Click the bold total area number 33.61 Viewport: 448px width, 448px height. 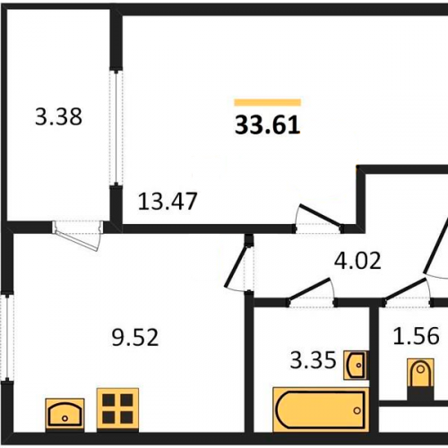(x=267, y=125)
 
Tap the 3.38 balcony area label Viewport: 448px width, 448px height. (x=58, y=116)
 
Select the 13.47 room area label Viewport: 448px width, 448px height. (x=168, y=202)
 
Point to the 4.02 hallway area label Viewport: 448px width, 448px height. (x=358, y=261)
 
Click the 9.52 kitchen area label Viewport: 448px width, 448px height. (x=135, y=338)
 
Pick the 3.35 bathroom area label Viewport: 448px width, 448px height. (x=314, y=360)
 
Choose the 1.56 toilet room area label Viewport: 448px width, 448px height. (x=416, y=336)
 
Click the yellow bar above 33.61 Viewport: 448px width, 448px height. (x=268, y=102)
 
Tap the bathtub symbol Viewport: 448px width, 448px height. (x=321, y=409)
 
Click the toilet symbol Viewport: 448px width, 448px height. (x=420, y=379)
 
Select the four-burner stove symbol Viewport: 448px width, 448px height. (x=117, y=409)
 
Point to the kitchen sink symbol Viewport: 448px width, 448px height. (x=65, y=415)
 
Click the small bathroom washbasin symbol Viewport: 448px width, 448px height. (x=356, y=365)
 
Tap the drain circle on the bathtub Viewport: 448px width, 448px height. (x=357, y=410)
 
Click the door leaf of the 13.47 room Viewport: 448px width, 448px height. (x=320, y=215)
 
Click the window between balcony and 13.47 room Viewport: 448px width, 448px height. (x=116, y=127)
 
